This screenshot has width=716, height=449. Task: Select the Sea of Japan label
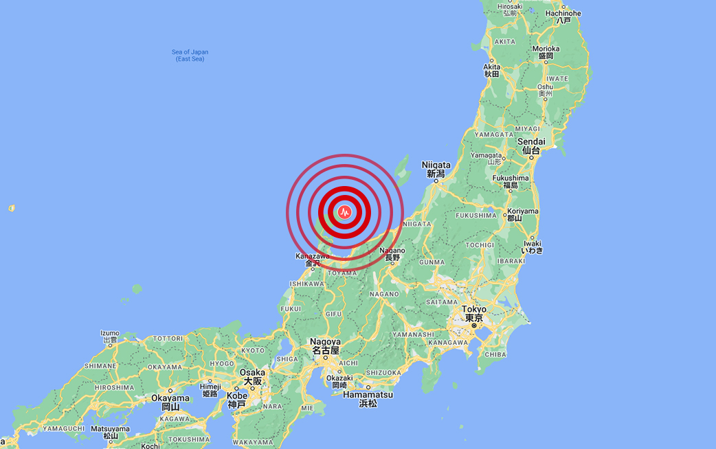pos(190,55)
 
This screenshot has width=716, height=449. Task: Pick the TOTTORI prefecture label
pos(168,338)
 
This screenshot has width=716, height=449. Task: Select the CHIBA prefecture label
pos(495,355)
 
